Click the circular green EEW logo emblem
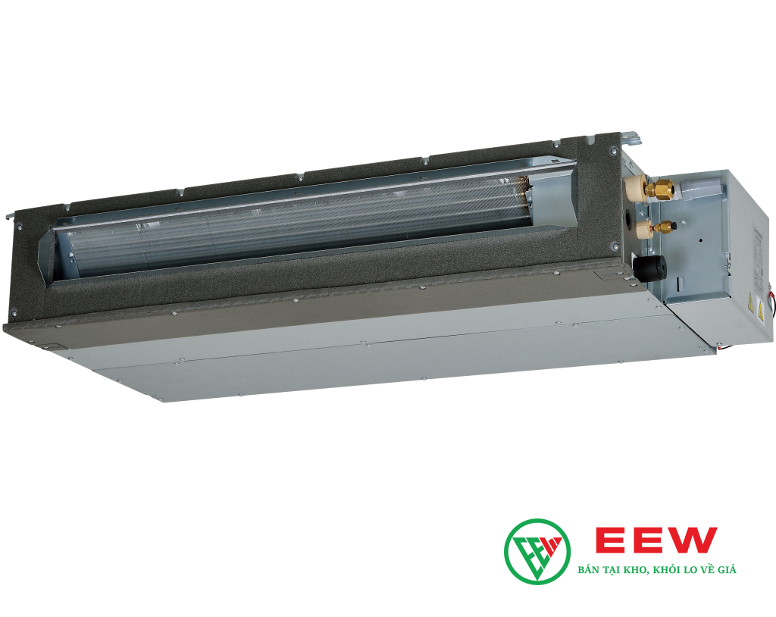tap(537, 550)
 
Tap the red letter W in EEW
tap(693, 540)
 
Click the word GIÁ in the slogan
tap(726, 569)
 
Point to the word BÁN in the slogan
tap(587, 569)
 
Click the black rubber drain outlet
tap(650, 268)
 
